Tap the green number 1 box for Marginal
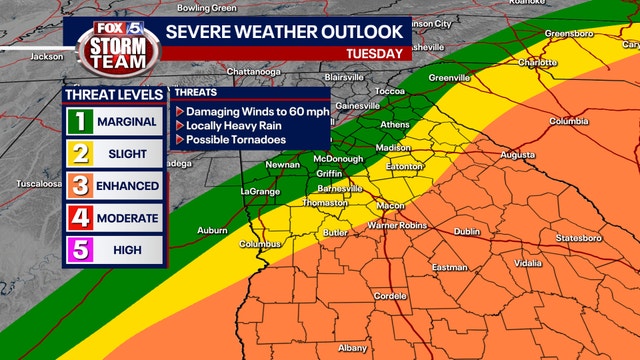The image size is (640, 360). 79,122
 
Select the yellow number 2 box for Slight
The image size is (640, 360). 79,154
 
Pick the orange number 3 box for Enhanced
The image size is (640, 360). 79,186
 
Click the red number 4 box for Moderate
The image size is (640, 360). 79,218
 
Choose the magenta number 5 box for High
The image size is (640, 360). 79,250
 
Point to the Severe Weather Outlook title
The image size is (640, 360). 284,31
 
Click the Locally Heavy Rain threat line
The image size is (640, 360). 237,126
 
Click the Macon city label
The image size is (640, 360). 390,206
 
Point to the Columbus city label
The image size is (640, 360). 259,244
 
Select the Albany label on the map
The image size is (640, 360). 352,347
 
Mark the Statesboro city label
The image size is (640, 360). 581,239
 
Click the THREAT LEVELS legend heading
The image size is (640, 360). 114,95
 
